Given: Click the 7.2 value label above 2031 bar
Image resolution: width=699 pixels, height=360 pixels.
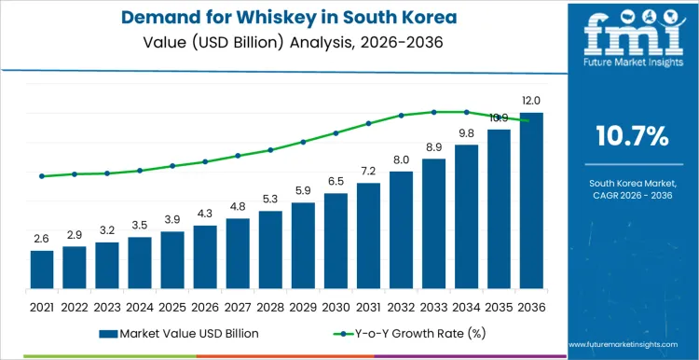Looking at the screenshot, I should [368, 171].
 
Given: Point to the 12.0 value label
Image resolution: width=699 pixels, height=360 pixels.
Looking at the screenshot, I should [531, 101].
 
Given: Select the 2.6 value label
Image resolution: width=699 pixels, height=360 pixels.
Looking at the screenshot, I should [42, 239].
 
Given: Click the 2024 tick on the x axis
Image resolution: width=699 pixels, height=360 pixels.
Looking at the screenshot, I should [140, 306].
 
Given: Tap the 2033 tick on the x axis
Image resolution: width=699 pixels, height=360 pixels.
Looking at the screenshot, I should [433, 306].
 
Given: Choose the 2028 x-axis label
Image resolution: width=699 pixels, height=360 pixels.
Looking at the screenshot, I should [270, 306].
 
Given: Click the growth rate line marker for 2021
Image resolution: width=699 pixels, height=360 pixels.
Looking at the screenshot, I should [42, 176].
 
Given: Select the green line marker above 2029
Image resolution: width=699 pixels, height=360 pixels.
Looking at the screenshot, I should [303, 142].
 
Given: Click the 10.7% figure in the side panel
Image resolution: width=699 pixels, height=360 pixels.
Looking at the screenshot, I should [632, 137].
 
